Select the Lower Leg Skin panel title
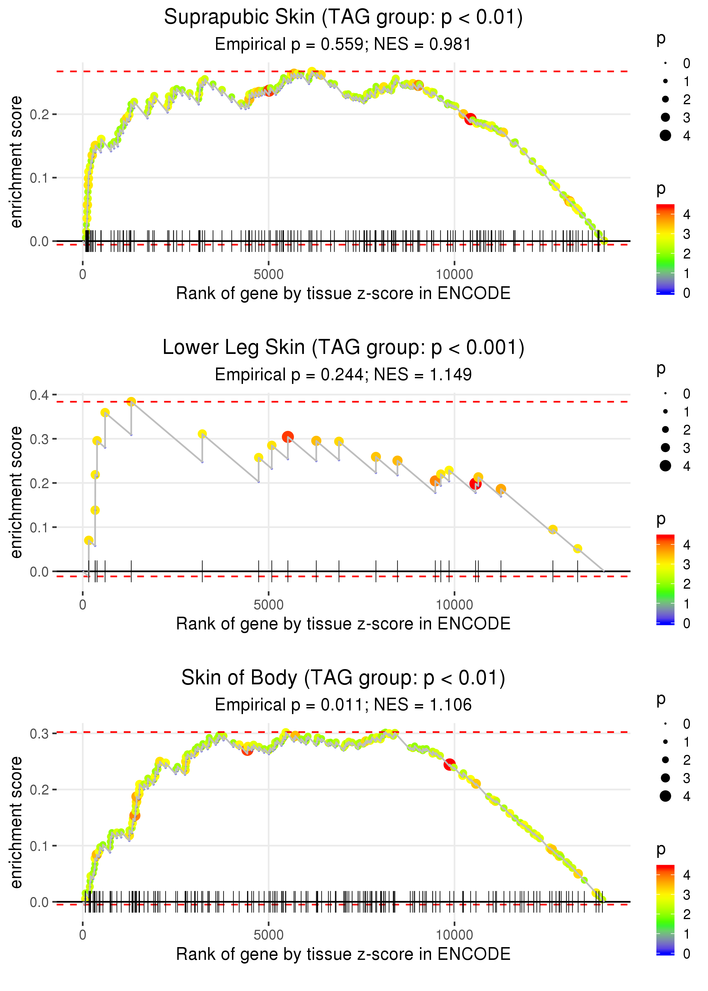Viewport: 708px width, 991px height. click(343, 348)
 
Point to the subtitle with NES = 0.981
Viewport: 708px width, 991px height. click(343, 44)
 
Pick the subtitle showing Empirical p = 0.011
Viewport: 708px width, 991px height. click(343, 705)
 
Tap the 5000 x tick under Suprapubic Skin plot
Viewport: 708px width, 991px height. click(268, 275)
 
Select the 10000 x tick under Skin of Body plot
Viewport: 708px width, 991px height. click(454, 935)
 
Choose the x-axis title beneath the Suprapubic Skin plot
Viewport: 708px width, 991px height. click(343, 294)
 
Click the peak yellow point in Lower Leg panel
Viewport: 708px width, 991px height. click(131, 402)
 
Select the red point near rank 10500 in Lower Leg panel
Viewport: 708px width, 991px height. click(475, 484)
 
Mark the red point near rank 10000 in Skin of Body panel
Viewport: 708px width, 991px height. click(449, 764)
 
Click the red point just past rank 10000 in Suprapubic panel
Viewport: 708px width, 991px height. click(470, 119)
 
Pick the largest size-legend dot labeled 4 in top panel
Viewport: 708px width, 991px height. click(665, 136)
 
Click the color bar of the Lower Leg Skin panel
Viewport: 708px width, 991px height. click(665, 580)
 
